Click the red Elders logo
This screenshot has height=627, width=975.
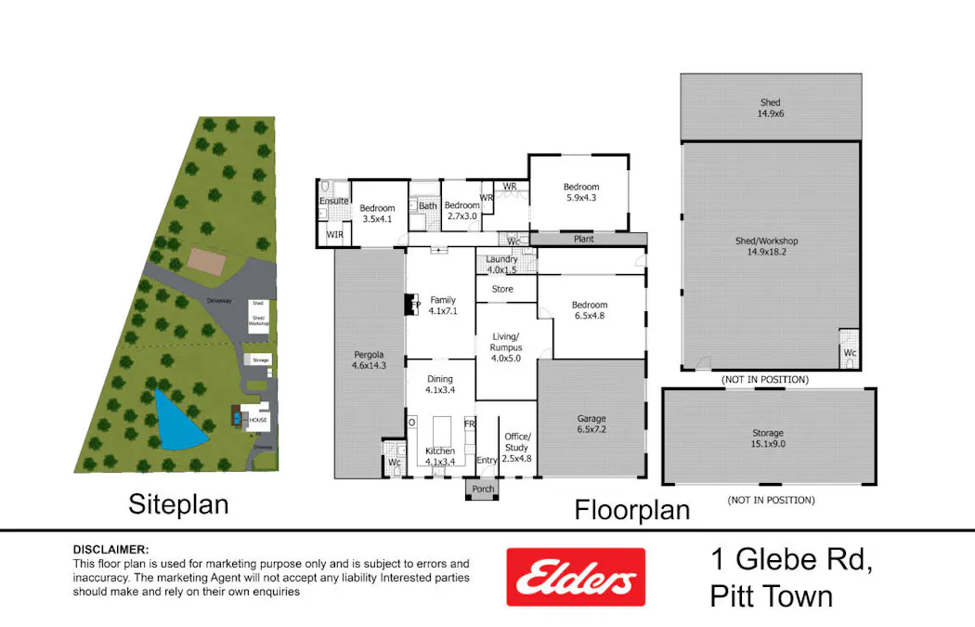(575, 577)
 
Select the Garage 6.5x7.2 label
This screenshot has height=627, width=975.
(591, 424)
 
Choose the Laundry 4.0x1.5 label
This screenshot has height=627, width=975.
(501, 264)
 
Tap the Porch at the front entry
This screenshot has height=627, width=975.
(483, 490)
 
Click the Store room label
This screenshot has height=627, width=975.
(502, 290)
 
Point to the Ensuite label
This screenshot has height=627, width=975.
(333, 202)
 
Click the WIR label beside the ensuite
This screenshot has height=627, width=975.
(334, 235)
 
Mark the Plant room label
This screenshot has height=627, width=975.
(584, 240)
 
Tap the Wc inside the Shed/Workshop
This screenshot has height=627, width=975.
(850, 353)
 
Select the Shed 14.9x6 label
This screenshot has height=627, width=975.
(769, 108)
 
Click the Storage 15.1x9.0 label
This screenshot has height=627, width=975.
(768, 438)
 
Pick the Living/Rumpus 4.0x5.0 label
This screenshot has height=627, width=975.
(506, 341)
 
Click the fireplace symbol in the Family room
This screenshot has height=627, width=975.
(409, 304)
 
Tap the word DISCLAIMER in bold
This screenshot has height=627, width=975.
(110, 550)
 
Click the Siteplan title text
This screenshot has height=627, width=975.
(178, 505)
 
